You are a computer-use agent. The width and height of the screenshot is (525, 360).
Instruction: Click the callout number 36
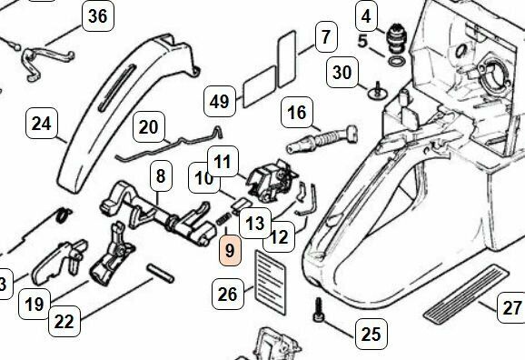coord(97,17)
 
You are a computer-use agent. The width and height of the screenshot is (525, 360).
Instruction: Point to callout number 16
coord(296,113)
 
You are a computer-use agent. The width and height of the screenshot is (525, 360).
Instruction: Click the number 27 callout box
coord(512,307)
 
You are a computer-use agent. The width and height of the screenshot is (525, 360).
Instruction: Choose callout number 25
coord(370,334)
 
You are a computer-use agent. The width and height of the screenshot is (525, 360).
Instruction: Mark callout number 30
coord(342,72)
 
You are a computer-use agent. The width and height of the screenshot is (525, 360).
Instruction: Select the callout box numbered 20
coord(148,127)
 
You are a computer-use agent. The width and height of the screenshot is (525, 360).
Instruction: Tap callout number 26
coord(228,293)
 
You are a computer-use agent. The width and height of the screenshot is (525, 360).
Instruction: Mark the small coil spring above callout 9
coord(221,218)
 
